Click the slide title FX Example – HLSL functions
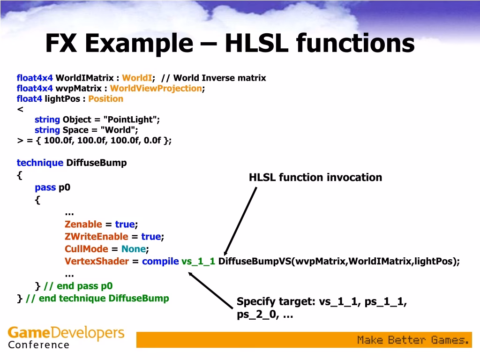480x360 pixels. point(230,44)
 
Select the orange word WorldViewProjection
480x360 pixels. point(156,88)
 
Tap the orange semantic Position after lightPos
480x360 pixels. point(106,98)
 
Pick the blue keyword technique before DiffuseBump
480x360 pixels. point(40,163)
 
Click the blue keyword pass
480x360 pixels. point(45,187)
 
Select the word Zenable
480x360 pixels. point(83,225)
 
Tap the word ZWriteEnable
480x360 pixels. point(96,237)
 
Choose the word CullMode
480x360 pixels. point(86,249)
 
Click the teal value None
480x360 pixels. point(134,249)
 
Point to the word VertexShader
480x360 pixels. point(97,262)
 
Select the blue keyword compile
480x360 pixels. point(160,262)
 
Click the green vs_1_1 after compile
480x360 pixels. point(198,262)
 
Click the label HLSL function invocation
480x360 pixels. point(315,177)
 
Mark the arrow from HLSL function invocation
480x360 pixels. point(241,220)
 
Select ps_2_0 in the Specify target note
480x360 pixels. point(256,315)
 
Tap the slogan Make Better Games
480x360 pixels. point(413,340)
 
